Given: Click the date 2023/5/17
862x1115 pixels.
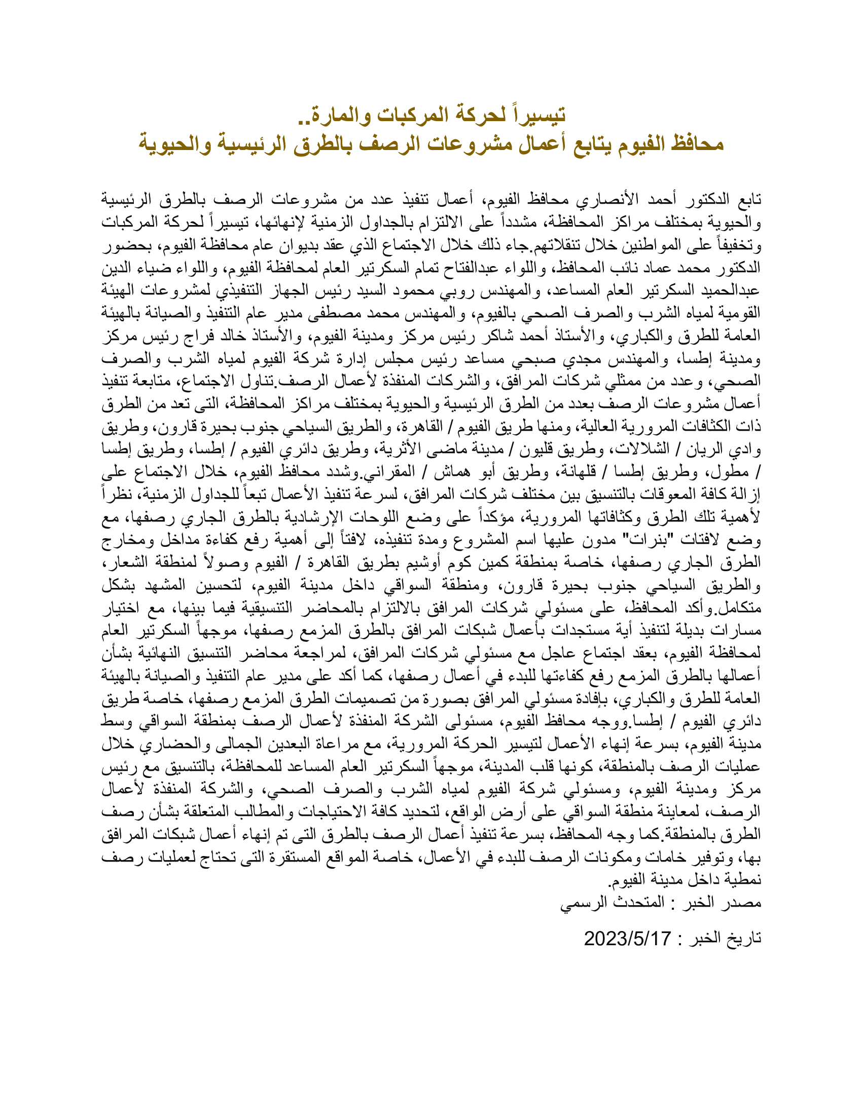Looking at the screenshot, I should (627, 938).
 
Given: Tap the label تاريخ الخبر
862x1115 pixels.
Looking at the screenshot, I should (725, 938).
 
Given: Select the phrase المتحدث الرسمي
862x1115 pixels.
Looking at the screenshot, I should (613, 903).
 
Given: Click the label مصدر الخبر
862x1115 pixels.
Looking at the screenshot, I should (725, 903).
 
